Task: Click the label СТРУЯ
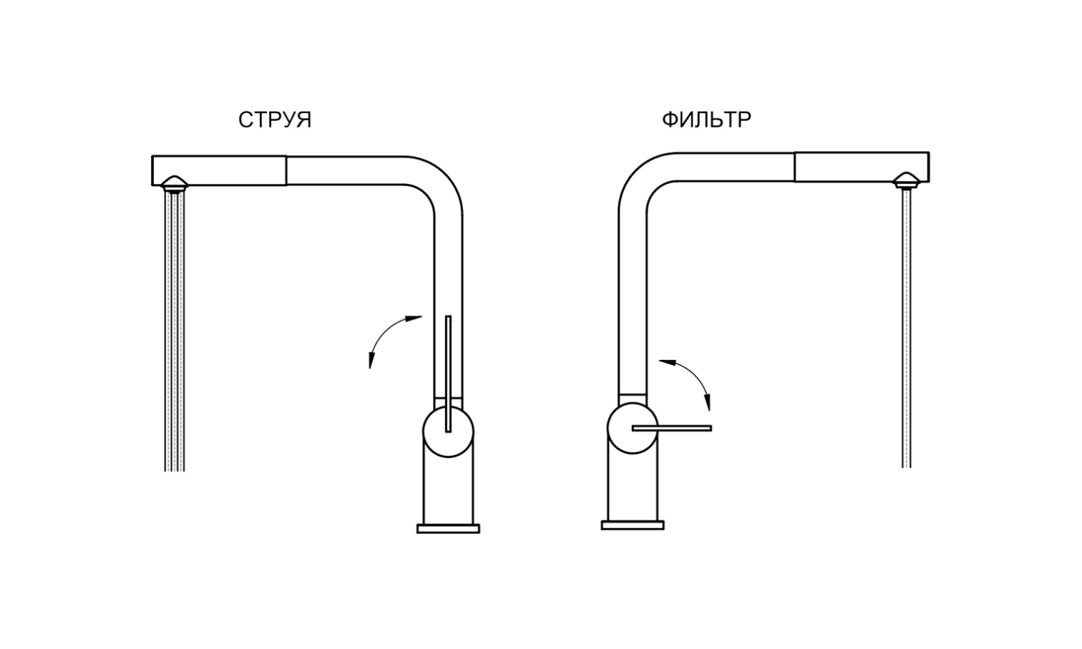(x=275, y=120)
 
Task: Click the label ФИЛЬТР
(x=706, y=119)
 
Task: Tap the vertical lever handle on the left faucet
(x=448, y=374)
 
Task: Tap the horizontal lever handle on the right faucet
(x=672, y=429)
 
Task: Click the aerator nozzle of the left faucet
(x=174, y=184)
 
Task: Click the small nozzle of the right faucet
(x=907, y=180)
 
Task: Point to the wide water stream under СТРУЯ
(x=175, y=332)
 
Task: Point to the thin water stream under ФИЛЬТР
(x=907, y=328)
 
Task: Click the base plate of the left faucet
(x=448, y=529)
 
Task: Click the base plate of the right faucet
(x=633, y=525)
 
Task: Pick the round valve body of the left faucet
(x=448, y=431)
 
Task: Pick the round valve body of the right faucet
(x=633, y=428)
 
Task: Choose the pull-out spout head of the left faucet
(x=219, y=170)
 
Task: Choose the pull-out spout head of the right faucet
(x=862, y=167)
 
